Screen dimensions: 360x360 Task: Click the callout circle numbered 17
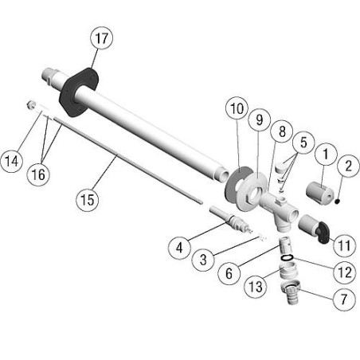point(101,38)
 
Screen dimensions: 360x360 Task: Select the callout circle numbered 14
point(12,161)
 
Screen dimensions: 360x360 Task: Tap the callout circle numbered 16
point(38,174)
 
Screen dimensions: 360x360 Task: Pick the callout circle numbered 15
point(88,200)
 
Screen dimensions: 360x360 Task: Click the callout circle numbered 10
point(237,108)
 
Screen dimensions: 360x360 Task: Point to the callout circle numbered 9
point(260,119)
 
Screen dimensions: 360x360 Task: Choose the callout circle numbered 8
point(282,131)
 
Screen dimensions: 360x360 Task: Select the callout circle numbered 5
point(303,143)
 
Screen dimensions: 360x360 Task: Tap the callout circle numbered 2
point(348,166)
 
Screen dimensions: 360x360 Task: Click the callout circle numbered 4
point(179,248)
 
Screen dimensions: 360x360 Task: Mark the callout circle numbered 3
point(203,260)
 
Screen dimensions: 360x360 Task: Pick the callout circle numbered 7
point(344,299)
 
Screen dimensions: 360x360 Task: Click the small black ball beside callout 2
point(337,202)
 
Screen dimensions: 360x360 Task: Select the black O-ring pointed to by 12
point(287,257)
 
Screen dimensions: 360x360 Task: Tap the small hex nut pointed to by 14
point(31,105)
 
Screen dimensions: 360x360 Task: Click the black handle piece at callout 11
point(323,233)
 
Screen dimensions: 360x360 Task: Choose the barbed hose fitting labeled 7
point(290,292)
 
